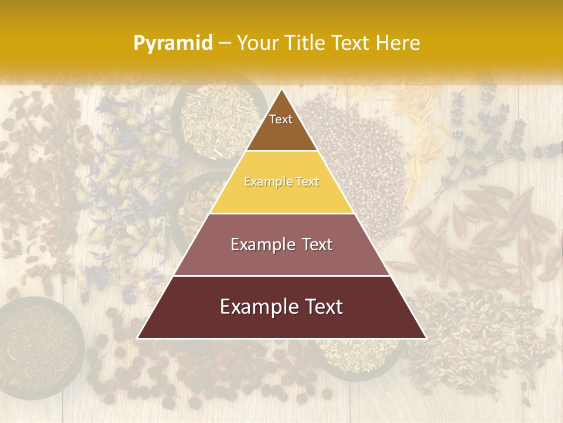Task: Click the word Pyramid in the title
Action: pos(173,43)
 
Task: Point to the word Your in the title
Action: pos(256,43)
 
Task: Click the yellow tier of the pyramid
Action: pos(281,197)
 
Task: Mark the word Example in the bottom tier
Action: pos(259,307)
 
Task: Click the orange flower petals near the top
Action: pos(411,112)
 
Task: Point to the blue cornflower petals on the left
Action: pos(129,153)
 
